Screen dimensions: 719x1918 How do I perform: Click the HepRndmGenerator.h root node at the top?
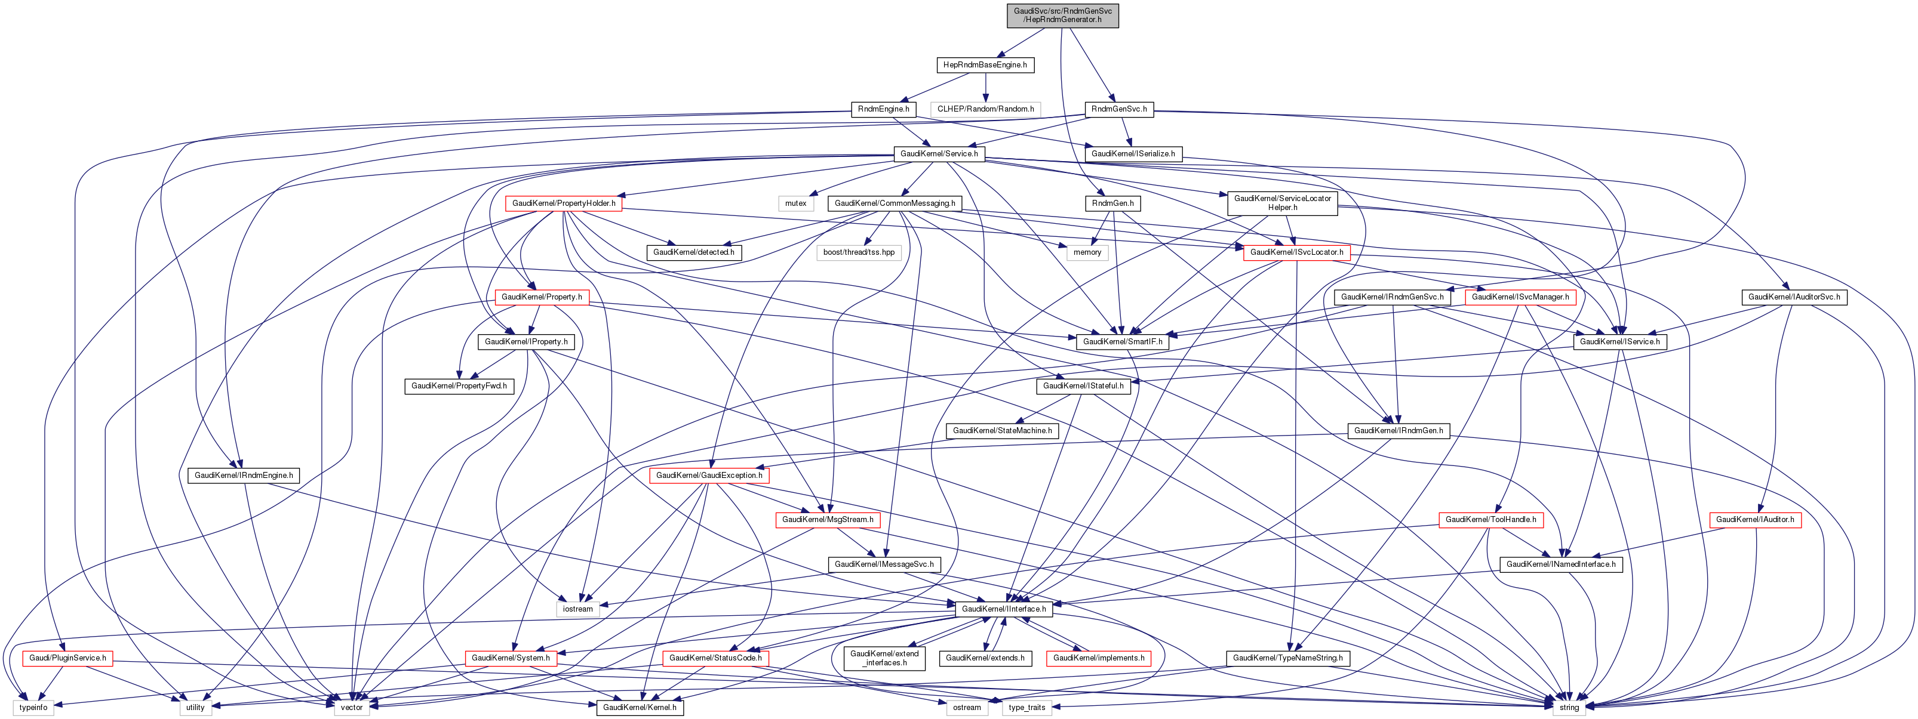(1062, 15)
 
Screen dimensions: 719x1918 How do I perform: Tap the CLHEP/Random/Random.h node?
(985, 109)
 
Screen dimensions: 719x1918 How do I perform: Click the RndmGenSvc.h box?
(1118, 109)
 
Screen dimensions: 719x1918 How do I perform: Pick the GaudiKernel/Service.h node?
(939, 154)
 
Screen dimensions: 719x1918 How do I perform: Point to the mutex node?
(795, 203)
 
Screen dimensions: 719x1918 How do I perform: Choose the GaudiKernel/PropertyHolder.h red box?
(564, 203)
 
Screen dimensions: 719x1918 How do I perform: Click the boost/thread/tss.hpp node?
(859, 252)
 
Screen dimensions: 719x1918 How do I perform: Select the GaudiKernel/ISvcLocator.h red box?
(1296, 252)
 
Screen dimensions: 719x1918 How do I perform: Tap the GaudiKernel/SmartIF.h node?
(1122, 342)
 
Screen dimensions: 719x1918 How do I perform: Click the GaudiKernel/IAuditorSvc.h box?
(1794, 297)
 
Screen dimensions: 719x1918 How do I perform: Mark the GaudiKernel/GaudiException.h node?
(709, 475)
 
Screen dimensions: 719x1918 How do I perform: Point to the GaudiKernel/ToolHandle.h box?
(1490, 520)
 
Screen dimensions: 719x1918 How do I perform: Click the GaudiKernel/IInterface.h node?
(1004, 609)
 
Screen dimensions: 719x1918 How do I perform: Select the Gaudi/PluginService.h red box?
(67, 658)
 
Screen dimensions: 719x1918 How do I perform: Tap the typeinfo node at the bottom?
(33, 707)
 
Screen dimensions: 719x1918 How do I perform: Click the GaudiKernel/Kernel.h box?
(640, 707)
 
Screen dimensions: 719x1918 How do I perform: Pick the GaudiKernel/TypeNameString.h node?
(1287, 658)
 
